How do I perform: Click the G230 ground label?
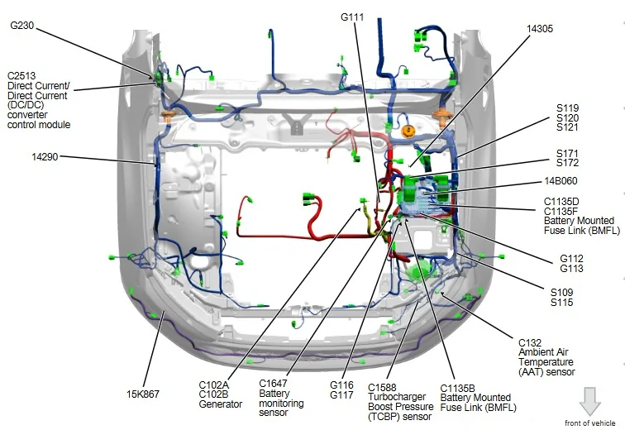click(x=22, y=26)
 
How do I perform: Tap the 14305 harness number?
click(x=540, y=29)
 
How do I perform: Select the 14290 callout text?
click(x=45, y=157)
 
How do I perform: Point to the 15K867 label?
click(x=143, y=394)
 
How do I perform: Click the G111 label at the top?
click(x=352, y=17)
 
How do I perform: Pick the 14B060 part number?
click(x=561, y=181)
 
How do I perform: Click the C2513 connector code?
click(x=21, y=76)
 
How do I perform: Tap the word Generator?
click(x=221, y=404)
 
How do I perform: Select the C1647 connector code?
click(x=273, y=384)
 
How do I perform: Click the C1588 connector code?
click(x=382, y=387)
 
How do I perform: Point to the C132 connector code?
click(x=530, y=342)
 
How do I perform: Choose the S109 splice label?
click(x=561, y=292)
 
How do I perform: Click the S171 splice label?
click(x=567, y=153)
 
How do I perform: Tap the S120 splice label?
click(x=567, y=117)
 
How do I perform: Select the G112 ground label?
click(x=571, y=259)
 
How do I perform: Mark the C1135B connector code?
click(x=458, y=388)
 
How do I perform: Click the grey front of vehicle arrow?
click(x=590, y=401)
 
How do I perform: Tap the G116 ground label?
click(x=341, y=385)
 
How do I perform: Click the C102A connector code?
click(x=213, y=385)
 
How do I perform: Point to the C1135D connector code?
click(x=561, y=202)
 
